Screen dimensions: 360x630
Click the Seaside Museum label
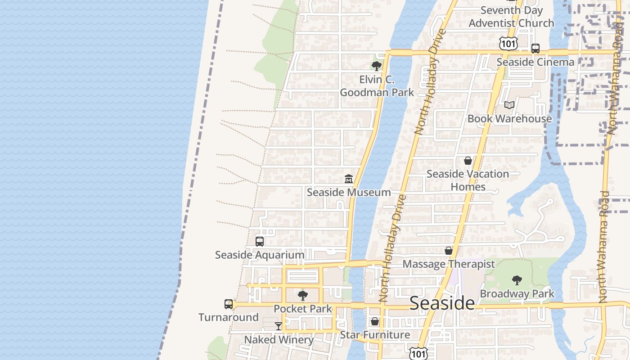pos(349,192)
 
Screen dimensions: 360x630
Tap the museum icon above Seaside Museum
pos(348,179)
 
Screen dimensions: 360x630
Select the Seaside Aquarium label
pos(260,255)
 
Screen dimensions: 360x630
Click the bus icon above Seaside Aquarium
pos(260,242)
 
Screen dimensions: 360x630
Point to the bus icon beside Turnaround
pos(229,304)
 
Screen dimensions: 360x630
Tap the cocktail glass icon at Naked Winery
pos(279,326)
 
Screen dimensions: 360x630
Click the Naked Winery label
pos(279,339)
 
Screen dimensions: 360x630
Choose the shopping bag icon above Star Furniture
pos(374,322)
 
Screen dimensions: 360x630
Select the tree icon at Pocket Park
pos(303,296)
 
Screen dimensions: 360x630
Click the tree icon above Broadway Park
pos(517,280)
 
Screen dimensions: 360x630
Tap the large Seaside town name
pos(442,303)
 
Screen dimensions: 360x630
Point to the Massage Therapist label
pos(449,264)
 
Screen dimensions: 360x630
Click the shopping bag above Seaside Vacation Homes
pos(468,161)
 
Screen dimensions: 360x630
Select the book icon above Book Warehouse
pos(509,105)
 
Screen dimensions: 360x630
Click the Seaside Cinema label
pos(535,62)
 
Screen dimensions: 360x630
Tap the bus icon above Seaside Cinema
pos(535,49)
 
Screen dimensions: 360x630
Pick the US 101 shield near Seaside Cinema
pos(508,44)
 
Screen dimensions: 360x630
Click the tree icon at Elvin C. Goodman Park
pos(377,66)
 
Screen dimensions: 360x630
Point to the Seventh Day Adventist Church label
pos(512,17)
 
